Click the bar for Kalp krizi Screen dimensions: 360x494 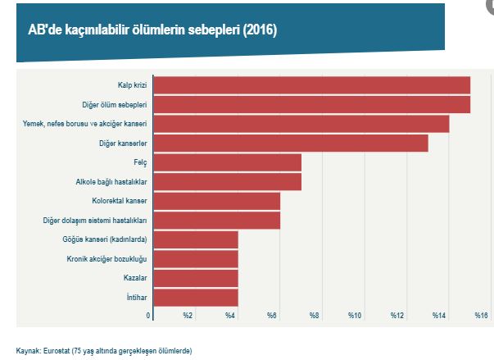pyautogui.click(x=311, y=85)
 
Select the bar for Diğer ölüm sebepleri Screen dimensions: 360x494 pyautogui.click(x=311, y=105)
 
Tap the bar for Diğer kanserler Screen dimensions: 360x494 pyautogui.click(x=291, y=144)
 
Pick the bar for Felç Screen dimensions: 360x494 pyautogui.click(x=227, y=162)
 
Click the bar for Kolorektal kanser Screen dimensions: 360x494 pyautogui.click(x=216, y=201)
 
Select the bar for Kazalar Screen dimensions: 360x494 pyautogui.click(x=195, y=278)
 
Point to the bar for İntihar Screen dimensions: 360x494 pyautogui.click(x=195, y=297)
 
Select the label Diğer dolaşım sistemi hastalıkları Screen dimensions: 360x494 pyautogui.click(x=94, y=221)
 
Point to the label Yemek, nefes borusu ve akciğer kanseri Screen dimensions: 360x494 pyautogui.click(x=84, y=124)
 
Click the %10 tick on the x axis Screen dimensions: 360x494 pyautogui.click(x=355, y=316)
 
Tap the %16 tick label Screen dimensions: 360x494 pyautogui.click(x=481, y=316)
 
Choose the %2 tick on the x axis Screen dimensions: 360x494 pyautogui.click(x=188, y=316)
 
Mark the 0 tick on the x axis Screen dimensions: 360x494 pyautogui.click(x=148, y=316)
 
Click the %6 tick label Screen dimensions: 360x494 pyautogui.click(x=271, y=316)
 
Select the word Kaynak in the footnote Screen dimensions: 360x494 pyautogui.click(x=28, y=350)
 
